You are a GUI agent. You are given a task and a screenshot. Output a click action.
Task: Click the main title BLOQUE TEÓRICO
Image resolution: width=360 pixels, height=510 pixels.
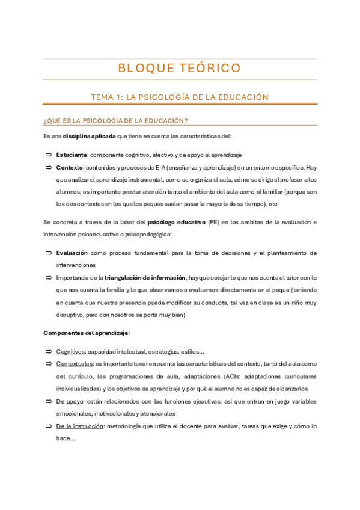pos(180,67)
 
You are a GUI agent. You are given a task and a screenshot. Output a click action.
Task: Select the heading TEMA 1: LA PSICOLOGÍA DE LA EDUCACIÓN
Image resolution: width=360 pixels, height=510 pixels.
pos(180,97)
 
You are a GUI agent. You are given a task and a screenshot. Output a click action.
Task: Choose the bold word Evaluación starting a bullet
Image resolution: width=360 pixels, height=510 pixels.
pos(72,253)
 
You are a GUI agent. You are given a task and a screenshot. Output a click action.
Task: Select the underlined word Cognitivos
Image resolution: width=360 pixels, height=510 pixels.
pos(70,351)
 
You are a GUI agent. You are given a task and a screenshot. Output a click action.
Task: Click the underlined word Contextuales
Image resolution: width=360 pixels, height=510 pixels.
pos(75,364)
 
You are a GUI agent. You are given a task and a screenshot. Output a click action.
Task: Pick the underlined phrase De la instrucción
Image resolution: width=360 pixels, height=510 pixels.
pos(76,426)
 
